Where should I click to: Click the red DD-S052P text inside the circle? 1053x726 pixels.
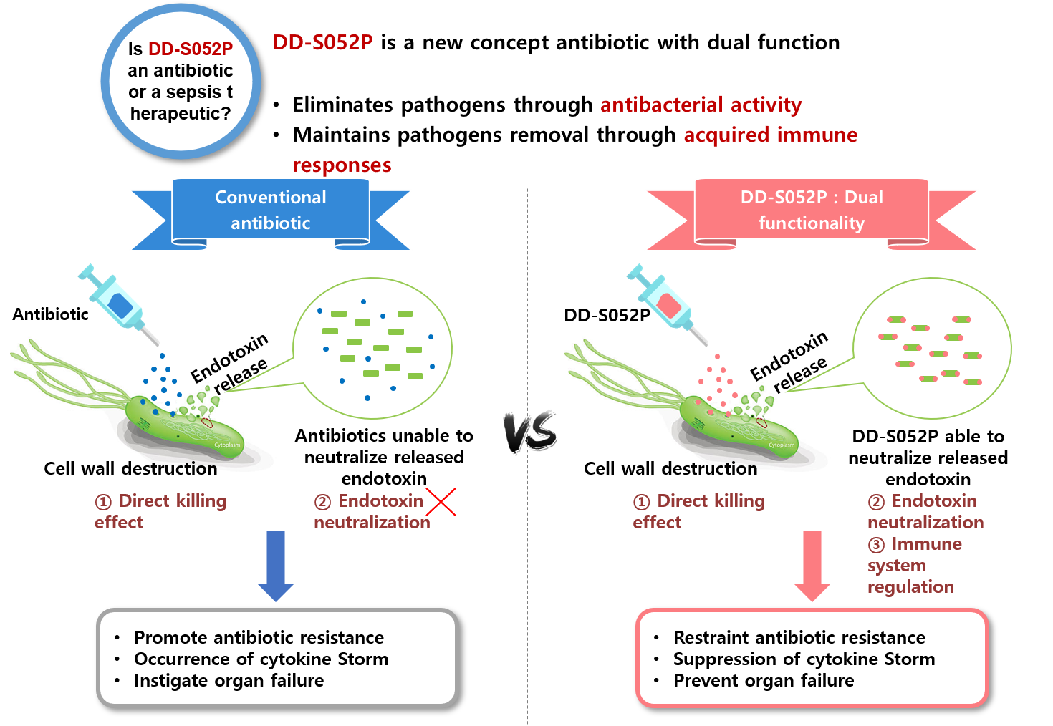(x=191, y=49)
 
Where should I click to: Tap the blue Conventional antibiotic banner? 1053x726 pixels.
(x=271, y=210)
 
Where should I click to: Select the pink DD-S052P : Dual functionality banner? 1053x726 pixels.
(x=812, y=210)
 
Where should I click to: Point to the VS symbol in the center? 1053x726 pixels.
(x=530, y=431)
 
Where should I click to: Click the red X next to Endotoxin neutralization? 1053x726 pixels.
(x=441, y=501)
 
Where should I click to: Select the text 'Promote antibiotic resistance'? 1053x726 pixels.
(x=259, y=637)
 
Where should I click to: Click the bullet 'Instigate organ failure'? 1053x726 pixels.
(x=229, y=680)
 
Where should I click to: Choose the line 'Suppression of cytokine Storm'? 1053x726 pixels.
(x=804, y=659)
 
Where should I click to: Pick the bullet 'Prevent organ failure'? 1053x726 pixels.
(x=764, y=680)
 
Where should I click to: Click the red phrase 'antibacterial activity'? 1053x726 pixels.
(x=701, y=105)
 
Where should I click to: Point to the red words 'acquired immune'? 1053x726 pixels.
(x=771, y=135)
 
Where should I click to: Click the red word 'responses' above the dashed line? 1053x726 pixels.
(x=342, y=165)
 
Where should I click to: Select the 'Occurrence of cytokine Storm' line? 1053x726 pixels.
(x=261, y=659)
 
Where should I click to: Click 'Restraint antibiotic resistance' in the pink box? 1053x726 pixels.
(x=799, y=637)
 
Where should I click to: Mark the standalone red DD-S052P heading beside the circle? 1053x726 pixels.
(x=322, y=42)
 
